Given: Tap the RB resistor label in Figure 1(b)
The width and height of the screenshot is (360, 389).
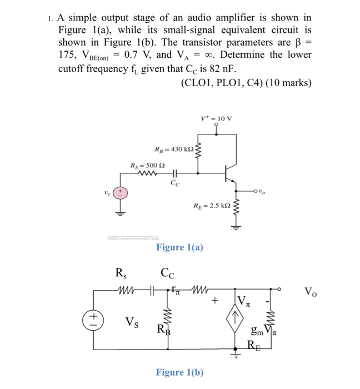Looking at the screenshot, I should pyautogui.click(x=161, y=328).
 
